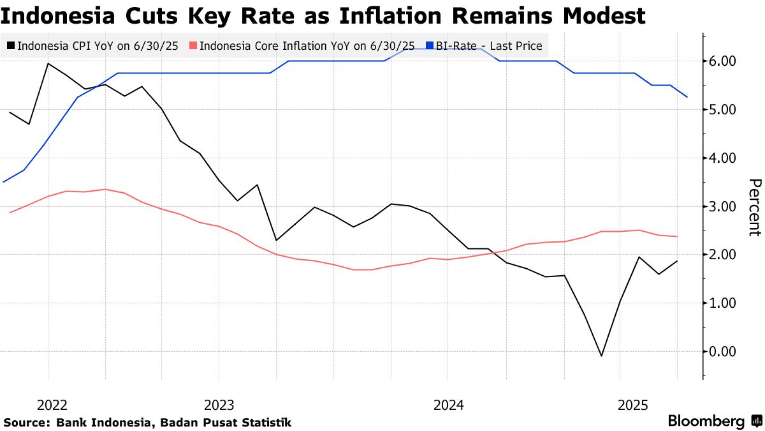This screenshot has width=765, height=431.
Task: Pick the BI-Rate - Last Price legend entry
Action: click(488, 46)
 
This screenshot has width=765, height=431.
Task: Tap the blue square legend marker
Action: click(430, 46)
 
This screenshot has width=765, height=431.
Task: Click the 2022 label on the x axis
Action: click(52, 405)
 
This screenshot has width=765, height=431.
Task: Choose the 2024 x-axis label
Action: click(448, 405)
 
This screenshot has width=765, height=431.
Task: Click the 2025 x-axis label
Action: click(634, 405)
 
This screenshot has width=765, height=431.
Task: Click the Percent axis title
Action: click(754, 207)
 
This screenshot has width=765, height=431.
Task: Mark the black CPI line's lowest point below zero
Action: click(601, 356)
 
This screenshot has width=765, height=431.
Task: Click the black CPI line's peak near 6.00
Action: click(48, 63)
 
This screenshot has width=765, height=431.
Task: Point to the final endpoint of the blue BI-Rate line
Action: click(687, 97)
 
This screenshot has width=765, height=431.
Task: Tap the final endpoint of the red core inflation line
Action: click(676, 236)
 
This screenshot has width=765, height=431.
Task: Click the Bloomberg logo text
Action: click(706, 421)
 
